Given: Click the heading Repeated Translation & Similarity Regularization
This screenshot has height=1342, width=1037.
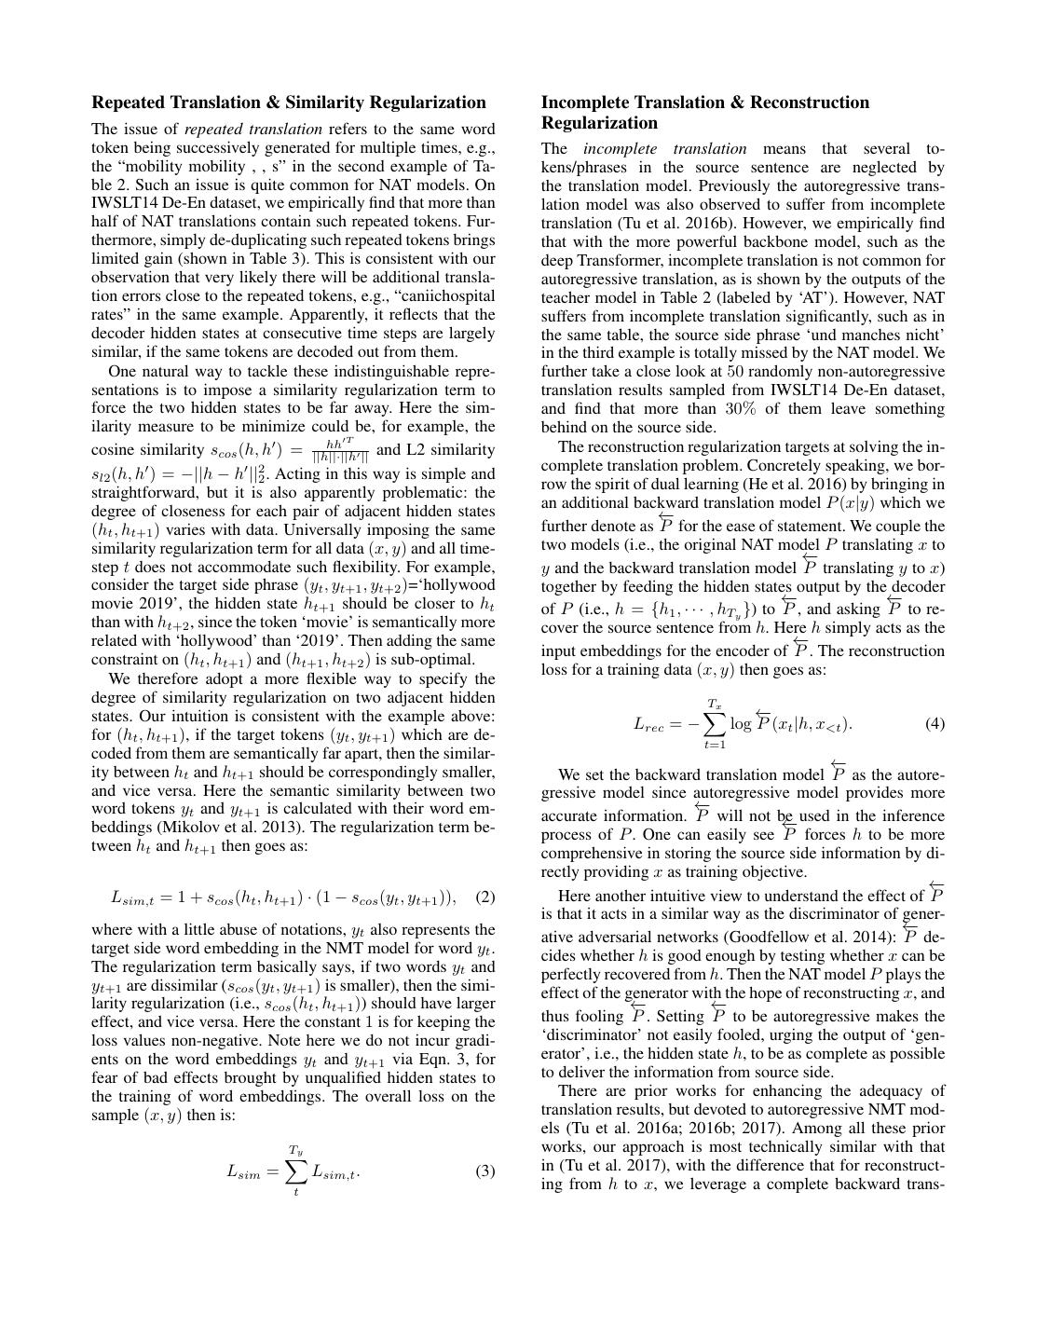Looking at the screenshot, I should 289,103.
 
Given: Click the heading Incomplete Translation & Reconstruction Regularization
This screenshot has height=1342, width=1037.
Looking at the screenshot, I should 705,113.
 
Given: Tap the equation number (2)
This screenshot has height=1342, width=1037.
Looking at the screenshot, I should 484,897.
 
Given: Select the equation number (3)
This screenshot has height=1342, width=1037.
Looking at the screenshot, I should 484,1171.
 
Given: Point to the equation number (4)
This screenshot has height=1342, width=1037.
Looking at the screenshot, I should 935,723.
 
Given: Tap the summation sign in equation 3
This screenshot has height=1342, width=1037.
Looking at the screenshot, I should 295,1171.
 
